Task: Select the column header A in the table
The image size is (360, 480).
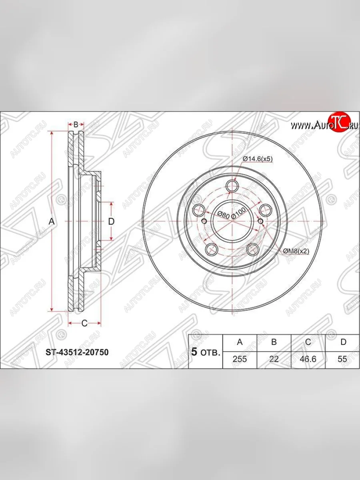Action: click(x=240, y=342)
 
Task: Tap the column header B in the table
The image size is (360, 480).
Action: click(x=274, y=342)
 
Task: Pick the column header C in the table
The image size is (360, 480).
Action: click(x=308, y=342)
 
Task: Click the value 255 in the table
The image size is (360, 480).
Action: click(x=240, y=359)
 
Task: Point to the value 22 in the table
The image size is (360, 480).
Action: click(x=274, y=359)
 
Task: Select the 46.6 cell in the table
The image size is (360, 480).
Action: click(x=308, y=359)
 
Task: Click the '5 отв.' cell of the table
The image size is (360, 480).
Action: click(x=205, y=352)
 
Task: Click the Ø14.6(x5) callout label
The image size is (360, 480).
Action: click(x=258, y=159)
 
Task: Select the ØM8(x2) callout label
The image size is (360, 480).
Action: click(x=296, y=251)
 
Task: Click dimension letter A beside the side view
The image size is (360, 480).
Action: click(x=51, y=221)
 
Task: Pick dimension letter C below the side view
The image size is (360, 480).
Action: click(x=84, y=324)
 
